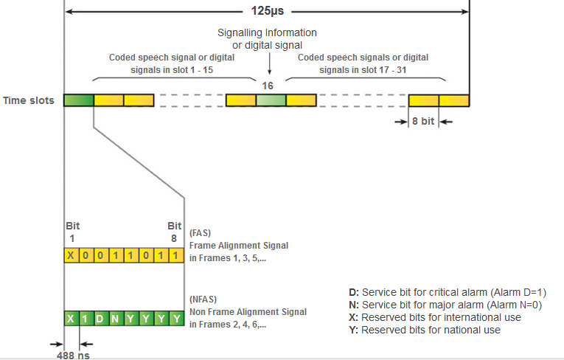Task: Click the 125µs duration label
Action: pos(267,12)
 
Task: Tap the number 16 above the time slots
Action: pos(268,86)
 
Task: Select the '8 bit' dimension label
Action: pos(422,122)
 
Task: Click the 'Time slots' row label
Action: pos(29,100)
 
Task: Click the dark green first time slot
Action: pos(79,100)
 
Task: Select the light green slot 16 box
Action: pos(271,100)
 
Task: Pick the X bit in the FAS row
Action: pos(71,255)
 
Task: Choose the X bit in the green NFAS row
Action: pos(71,319)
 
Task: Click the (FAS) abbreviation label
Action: pos(201,233)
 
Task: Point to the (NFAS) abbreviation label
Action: pos(203,300)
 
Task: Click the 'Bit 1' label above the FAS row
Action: pos(72,231)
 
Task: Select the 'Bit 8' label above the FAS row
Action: pos(175,231)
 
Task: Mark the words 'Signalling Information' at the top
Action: pos(267,33)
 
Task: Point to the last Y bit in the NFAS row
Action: pos(175,319)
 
